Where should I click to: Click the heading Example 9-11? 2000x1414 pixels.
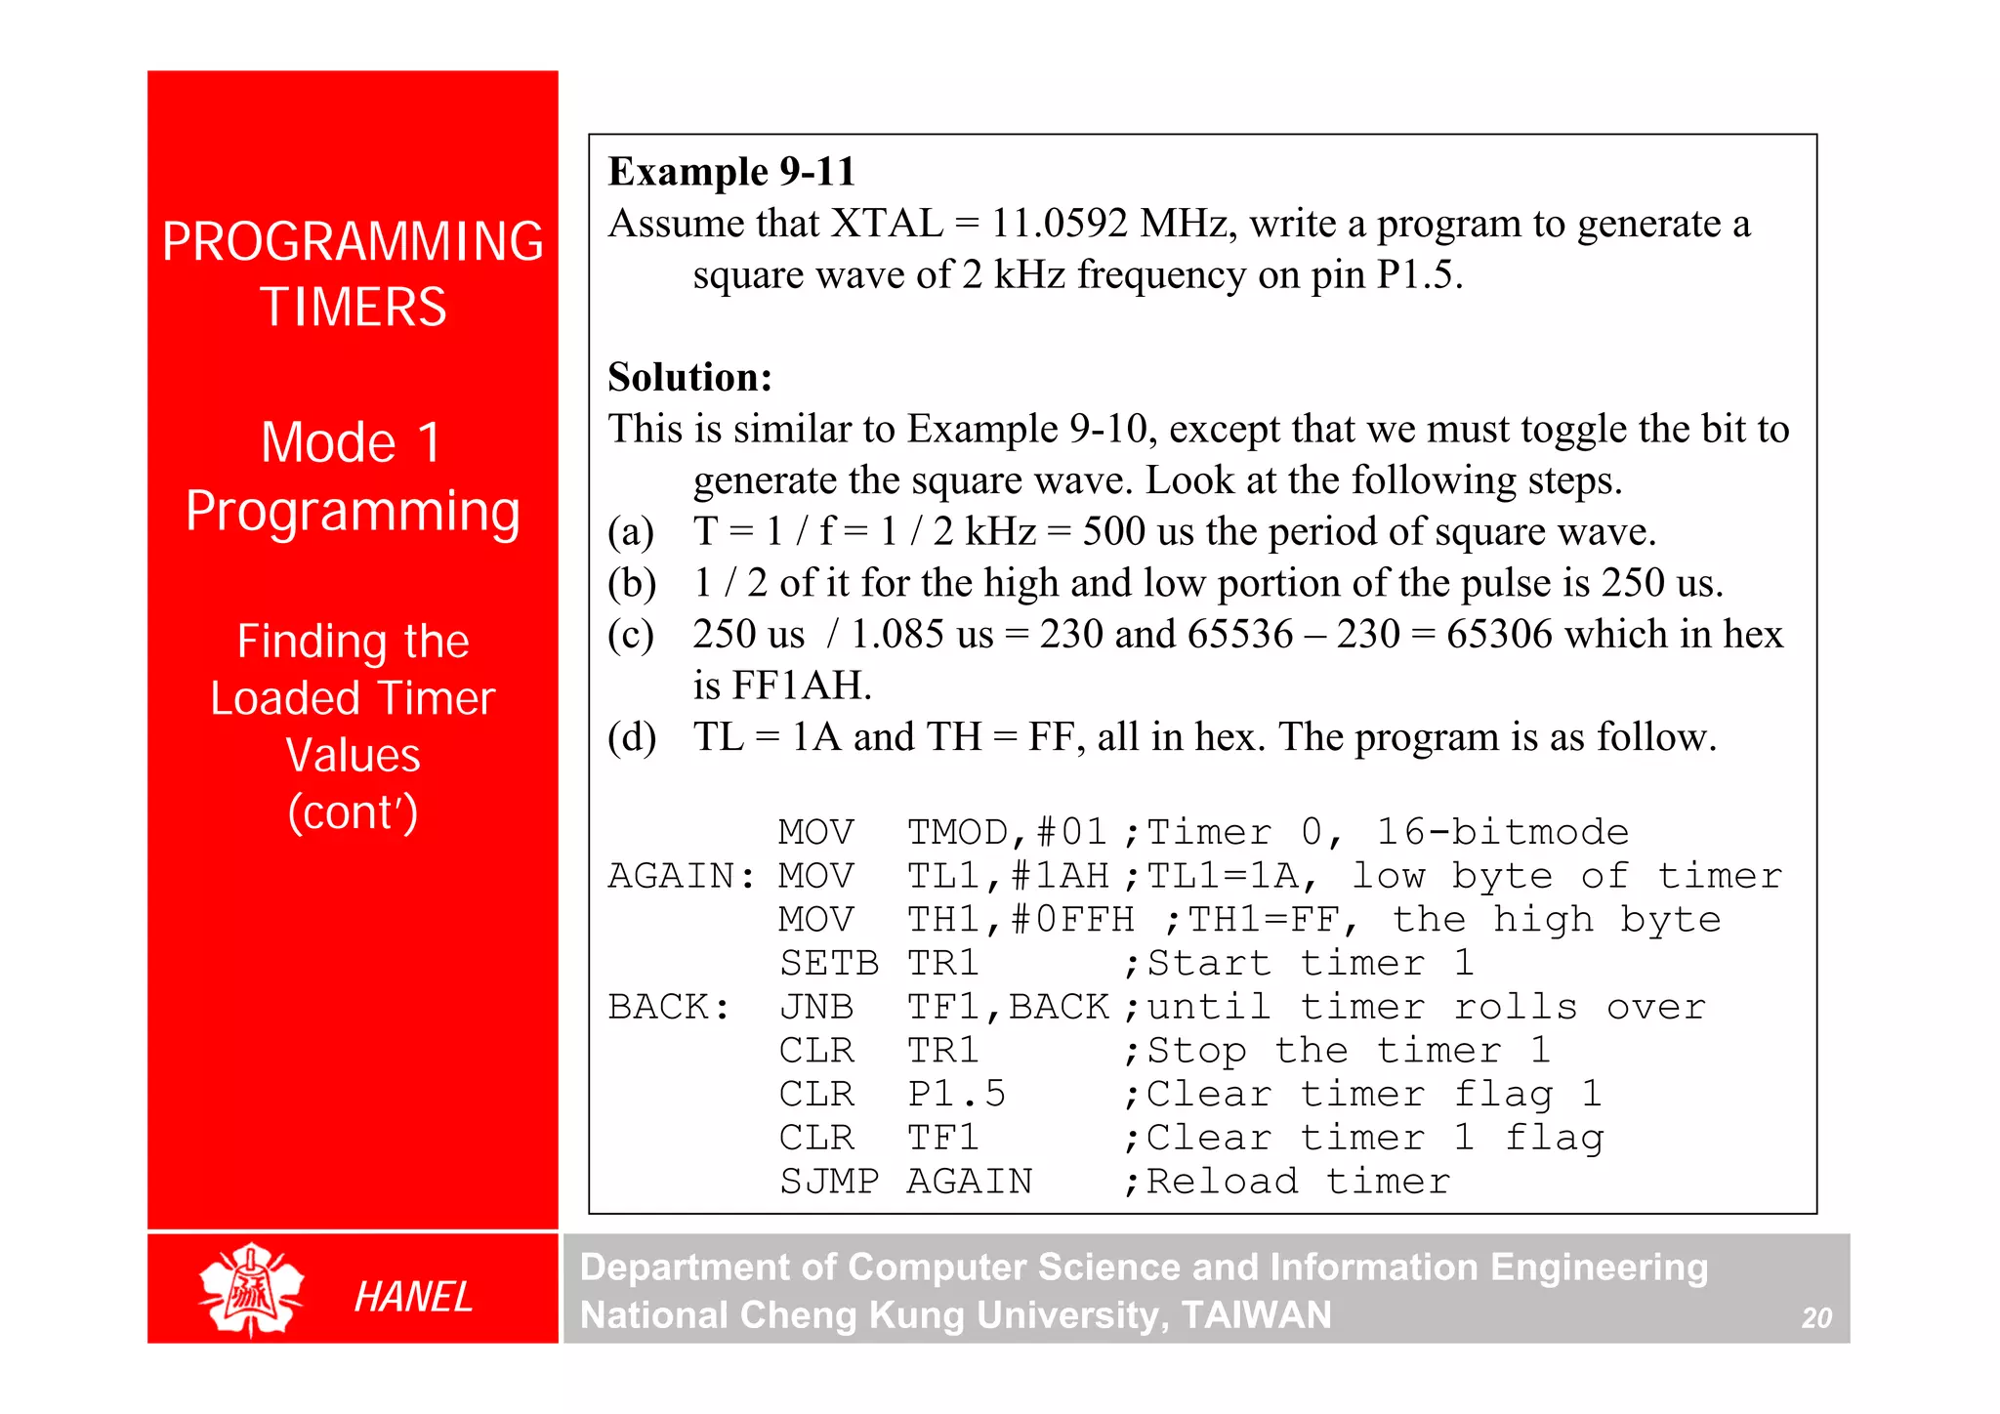tap(731, 172)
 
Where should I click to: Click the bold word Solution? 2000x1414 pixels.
tap(689, 377)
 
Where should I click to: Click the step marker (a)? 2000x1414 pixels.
tap(631, 532)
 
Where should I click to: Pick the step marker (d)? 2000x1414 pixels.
tap(631, 737)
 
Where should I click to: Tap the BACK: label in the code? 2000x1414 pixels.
tap(669, 1007)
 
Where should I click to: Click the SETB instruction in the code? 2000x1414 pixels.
tap(828, 964)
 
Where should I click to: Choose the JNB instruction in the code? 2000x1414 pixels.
tap(816, 1007)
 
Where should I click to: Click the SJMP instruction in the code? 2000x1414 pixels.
tap(828, 1182)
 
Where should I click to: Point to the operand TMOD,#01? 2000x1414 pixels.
tap(1007, 832)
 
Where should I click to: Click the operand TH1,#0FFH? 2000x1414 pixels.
tap(1021, 920)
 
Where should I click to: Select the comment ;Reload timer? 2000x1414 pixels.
tap(1286, 1182)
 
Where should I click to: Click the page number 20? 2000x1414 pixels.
tap(1816, 1318)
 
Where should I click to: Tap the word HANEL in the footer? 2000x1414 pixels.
tap(413, 1297)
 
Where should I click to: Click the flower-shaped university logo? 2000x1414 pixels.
tap(251, 1289)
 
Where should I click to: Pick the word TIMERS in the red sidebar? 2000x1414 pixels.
tap(354, 307)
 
